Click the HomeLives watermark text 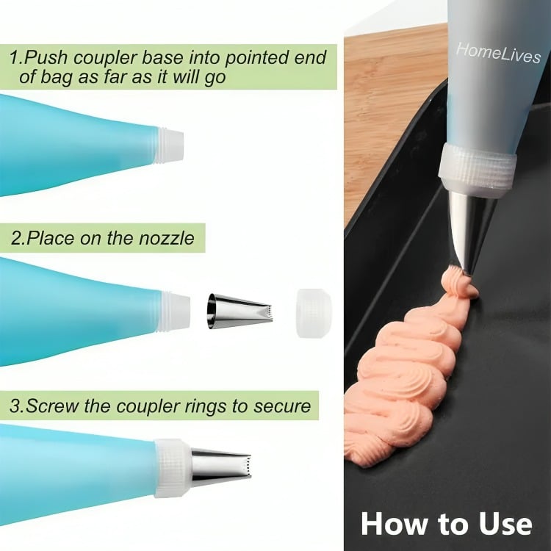498,54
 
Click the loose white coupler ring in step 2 314,313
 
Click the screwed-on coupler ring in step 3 173,468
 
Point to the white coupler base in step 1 171,145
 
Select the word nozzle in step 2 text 166,238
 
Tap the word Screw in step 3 53,406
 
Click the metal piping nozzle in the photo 469,232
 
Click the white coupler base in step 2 176,311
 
